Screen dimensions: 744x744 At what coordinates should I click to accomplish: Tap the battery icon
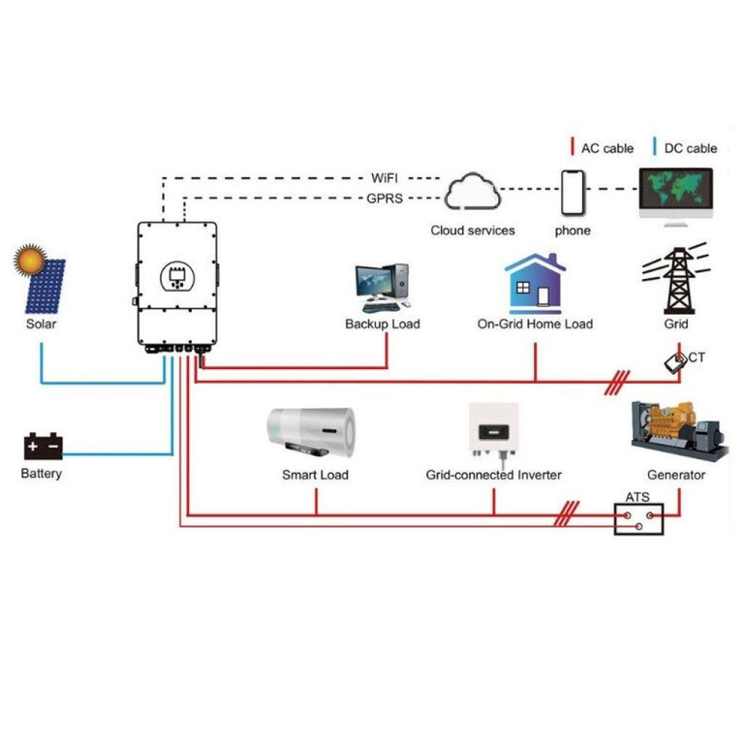44,446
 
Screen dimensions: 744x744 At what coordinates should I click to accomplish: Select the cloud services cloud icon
472,193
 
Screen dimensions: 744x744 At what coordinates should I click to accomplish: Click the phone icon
573,194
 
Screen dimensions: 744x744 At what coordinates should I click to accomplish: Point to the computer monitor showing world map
675,193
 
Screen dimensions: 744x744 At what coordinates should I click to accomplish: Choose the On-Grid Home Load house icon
535,283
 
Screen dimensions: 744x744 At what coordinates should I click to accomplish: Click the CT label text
697,358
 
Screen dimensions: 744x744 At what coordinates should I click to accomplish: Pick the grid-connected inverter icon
493,431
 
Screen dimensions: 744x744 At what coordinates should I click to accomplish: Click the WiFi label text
385,179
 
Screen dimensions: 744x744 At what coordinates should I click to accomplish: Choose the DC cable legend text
691,148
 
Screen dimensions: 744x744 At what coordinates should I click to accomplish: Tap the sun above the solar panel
29,260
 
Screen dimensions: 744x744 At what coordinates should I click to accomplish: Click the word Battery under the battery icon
42,474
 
